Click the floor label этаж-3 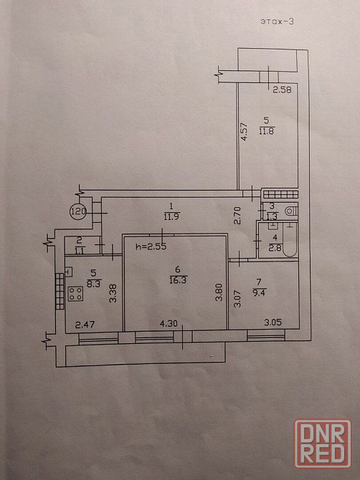coord(277,21)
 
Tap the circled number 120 coord(78,211)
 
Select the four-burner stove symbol coord(76,294)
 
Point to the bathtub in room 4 coord(290,240)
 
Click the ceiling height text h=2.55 coord(151,246)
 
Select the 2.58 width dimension coord(282,90)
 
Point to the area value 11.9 coord(171,217)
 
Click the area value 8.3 coord(94,283)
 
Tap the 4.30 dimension coord(169,323)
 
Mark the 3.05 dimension coord(273,322)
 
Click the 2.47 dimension coord(85,325)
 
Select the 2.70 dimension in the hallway coord(238,216)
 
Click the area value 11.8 coord(267,131)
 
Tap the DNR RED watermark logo coord(323,444)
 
